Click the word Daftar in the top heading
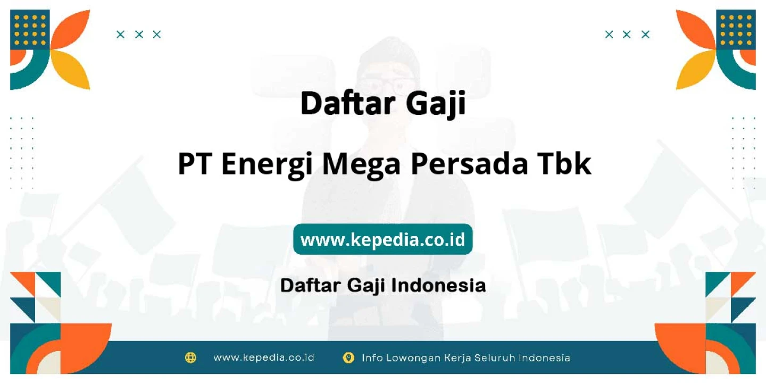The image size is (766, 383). pyautogui.click(x=348, y=103)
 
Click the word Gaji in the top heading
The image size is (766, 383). pyautogui.click(x=436, y=104)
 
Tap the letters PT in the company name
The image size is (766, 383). pyautogui.click(x=194, y=164)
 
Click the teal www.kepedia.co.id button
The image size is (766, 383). pyautogui.click(x=382, y=239)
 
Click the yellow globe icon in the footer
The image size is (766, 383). pyautogui.click(x=190, y=357)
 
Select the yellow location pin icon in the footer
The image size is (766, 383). pyautogui.click(x=348, y=357)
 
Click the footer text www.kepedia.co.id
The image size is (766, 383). pyautogui.click(x=264, y=357)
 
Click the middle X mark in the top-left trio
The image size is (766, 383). pyautogui.click(x=139, y=35)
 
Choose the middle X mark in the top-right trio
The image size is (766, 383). pyautogui.click(x=627, y=35)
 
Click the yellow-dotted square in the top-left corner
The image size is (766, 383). pyautogui.click(x=30, y=30)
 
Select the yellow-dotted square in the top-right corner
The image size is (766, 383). pyautogui.click(x=736, y=30)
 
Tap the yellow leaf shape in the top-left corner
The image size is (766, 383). pyautogui.click(x=72, y=69)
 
